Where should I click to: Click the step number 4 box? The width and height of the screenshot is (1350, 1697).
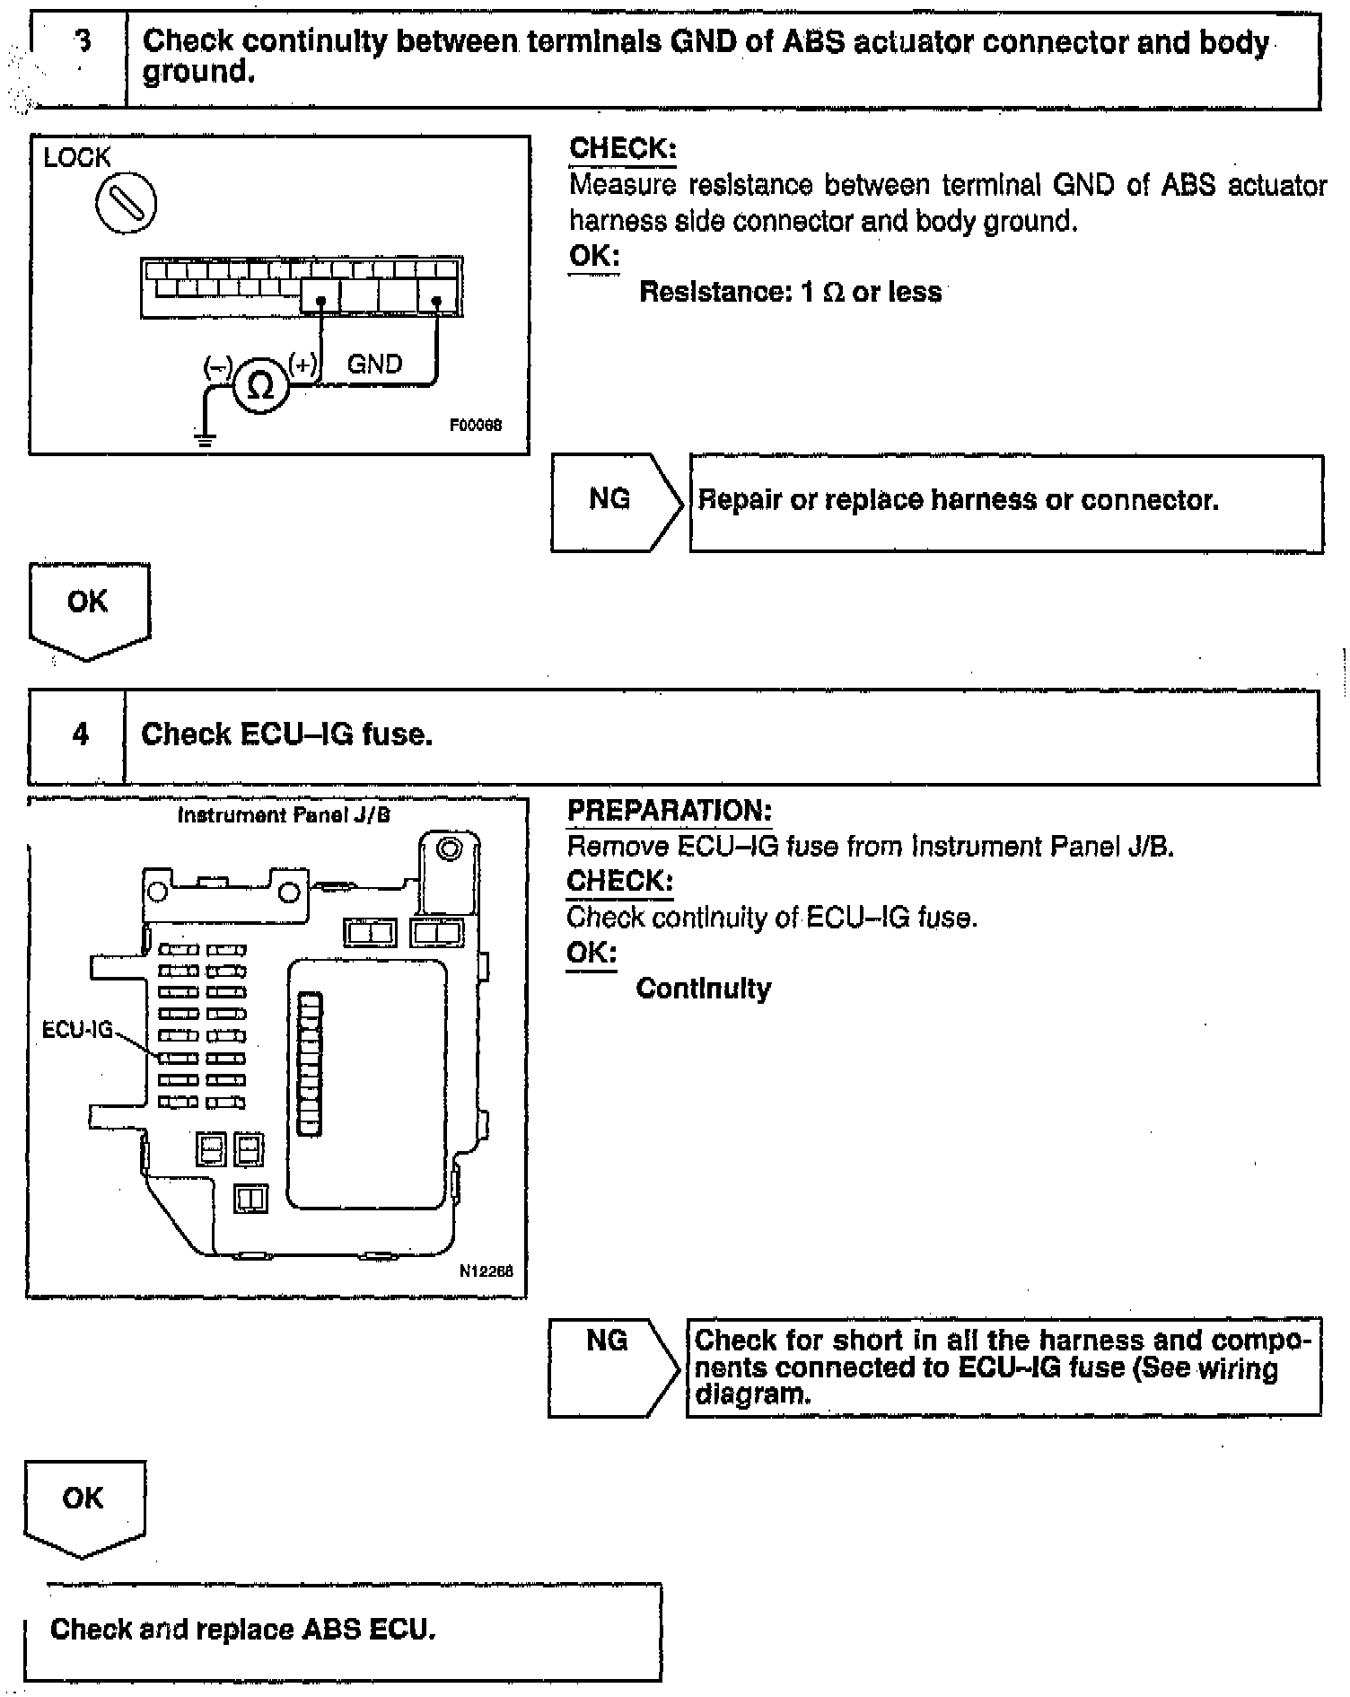click(x=79, y=734)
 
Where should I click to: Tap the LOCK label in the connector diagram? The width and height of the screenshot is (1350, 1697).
click(x=77, y=158)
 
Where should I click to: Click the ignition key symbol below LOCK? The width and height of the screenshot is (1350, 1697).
click(x=126, y=202)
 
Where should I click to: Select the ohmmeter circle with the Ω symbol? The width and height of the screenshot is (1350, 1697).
click(x=260, y=386)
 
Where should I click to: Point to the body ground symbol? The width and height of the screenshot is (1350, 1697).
click(x=206, y=439)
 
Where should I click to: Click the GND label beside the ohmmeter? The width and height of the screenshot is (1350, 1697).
click(x=374, y=364)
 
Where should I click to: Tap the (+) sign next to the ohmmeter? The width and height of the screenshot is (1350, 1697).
click(x=303, y=364)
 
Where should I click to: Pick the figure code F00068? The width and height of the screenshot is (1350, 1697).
click(x=475, y=426)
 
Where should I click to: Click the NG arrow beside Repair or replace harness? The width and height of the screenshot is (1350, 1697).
click(x=615, y=501)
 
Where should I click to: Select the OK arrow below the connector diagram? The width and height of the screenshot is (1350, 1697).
click(x=88, y=609)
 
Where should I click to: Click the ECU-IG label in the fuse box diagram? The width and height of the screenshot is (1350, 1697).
click(x=78, y=1030)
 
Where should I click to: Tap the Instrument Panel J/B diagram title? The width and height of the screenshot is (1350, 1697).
click(x=284, y=815)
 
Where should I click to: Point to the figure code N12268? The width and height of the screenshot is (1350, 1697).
click(x=486, y=1271)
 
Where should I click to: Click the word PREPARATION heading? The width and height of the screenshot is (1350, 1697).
click(x=670, y=811)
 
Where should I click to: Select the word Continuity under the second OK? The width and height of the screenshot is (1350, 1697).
click(x=703, y=989)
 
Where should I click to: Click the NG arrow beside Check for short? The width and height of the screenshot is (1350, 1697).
click(x=612, y=1367)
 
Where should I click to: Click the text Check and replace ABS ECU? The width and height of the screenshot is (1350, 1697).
click(x=243, y=1629)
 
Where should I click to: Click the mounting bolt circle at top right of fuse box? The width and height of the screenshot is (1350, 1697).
click(x=449, y=848)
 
